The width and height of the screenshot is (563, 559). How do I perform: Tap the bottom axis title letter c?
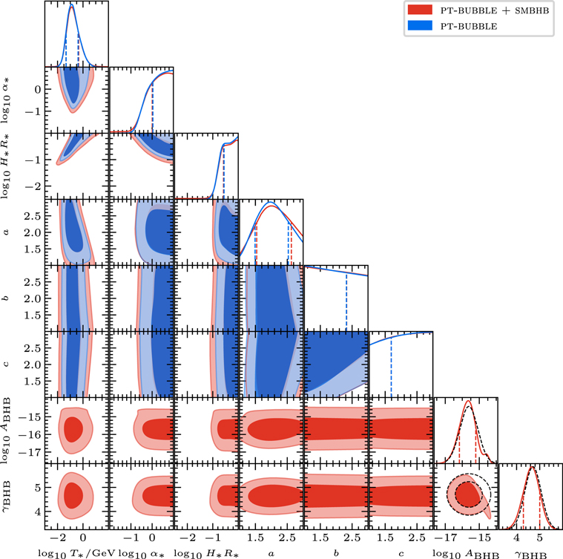(401, 549)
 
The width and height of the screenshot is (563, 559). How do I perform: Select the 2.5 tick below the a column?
(289, 537)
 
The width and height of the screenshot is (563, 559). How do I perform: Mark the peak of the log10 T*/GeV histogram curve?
(71, 6)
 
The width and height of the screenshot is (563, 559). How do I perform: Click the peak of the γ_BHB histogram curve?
(531, 467)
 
